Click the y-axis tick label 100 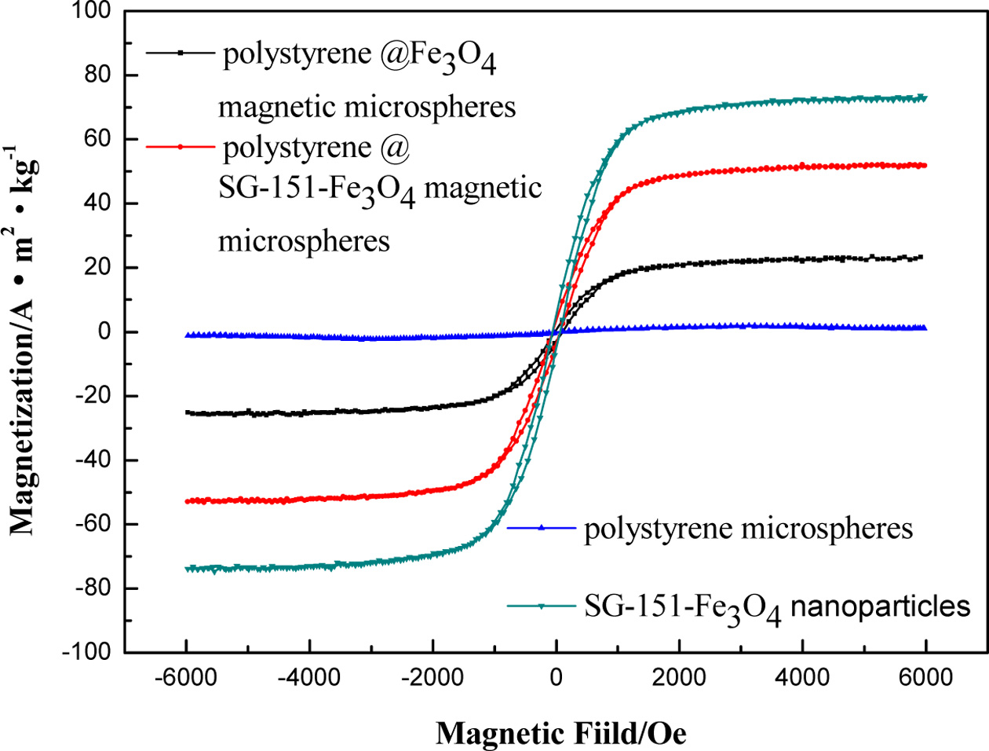tap(93, 11)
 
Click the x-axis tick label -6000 tap(186, 677)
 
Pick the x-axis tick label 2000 tap(679, 677)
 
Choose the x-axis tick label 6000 tap(925, 677)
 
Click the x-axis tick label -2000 tap(432, 677)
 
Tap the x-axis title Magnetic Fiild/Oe tap(560, 734)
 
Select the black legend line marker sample tap(181, 53)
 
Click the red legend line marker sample tap(181, 147)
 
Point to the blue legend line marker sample tap(542, 528)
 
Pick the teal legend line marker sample tap(542, 606)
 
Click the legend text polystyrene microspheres tap(748, 529)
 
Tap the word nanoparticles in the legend tap(880, 606)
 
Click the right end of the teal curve tap(925, 98)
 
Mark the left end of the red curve tap(187, 500)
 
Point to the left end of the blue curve tap(187, 335)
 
